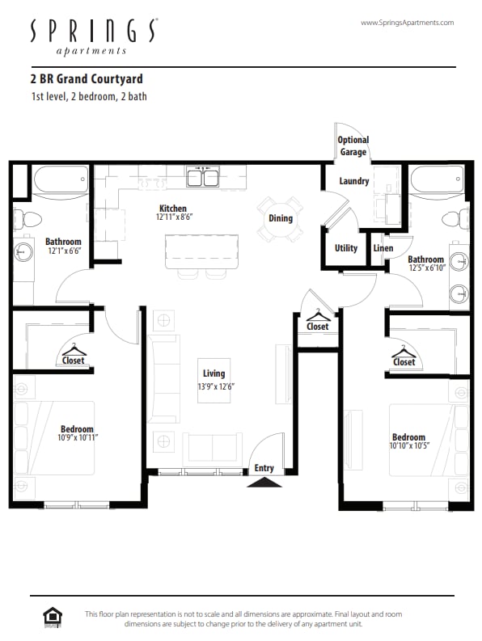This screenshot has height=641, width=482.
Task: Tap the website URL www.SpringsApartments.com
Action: [x=407, y=23]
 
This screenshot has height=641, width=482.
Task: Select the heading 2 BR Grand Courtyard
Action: [x=86, y=79]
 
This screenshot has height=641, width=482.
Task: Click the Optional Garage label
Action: [x=353, y=146]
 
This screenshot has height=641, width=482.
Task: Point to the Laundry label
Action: [x=354, y=181]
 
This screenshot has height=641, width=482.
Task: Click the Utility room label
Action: [x=346, y=248]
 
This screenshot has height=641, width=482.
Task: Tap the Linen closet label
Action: [x=383, y=248]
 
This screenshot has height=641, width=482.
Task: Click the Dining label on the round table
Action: [x=280, y=218]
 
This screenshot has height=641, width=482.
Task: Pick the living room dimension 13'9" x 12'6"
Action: [x=214, y=386]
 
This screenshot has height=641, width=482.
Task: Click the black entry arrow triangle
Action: [x=264, y=483]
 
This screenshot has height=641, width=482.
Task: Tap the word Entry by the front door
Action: [x=264, y=468]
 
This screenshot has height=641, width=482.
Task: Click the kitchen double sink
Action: [x=202, y=176]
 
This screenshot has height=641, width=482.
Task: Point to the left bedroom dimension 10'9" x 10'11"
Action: [x=78, y=437]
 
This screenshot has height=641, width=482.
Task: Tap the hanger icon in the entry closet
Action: [x=318, y=314]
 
